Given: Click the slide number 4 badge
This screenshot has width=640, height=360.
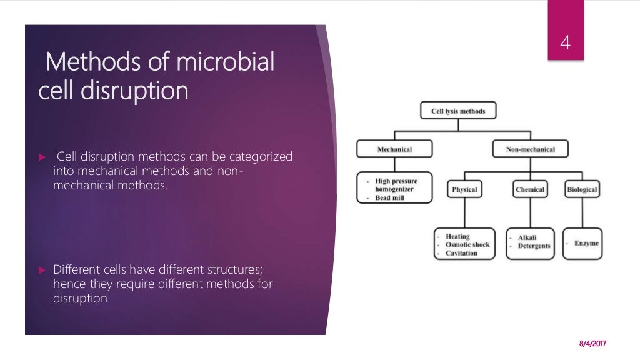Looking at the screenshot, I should (566, 44).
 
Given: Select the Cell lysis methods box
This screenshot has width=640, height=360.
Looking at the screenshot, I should (458, 112).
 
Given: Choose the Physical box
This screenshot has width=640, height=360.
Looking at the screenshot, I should (464, 189).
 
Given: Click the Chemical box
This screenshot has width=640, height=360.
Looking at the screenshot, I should (530, 189).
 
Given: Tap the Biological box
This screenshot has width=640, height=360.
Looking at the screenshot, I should (582, 189).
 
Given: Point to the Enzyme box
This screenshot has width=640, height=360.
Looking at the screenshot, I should (582, 243).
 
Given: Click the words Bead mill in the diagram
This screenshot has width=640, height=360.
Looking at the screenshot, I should (391, 198).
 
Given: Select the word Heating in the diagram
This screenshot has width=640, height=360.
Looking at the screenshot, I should (457, 237).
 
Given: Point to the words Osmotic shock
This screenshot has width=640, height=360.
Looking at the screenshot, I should (467, 245).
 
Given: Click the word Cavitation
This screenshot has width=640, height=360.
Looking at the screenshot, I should (461, 253).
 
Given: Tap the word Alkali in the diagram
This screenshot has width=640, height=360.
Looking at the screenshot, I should (527, 238).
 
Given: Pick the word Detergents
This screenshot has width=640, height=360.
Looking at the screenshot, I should (534, 246).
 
